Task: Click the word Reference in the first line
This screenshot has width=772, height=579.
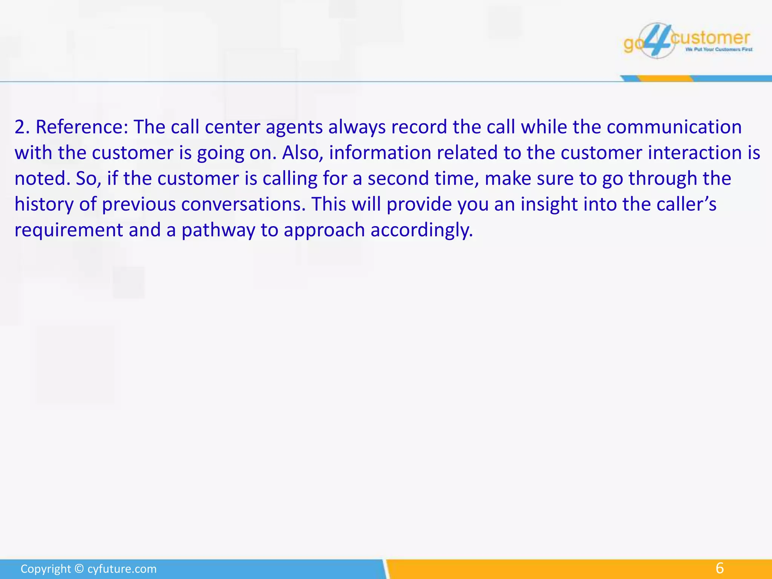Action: [x=82, y=127]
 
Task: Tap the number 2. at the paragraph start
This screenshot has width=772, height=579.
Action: [x=22, y=127]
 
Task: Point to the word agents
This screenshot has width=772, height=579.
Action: [x=294, y=127]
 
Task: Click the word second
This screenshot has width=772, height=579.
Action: [x=398, y=178]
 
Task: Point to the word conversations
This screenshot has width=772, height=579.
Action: [x=243, y=204]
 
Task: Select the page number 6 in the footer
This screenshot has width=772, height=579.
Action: [x=720, y=568]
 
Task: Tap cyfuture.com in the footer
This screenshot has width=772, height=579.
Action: [x=122, y=569]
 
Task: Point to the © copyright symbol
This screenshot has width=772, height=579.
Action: [x=79, y=569]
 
